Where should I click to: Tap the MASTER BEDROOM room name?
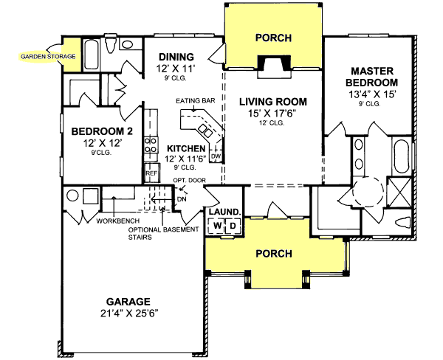(x=374, y=77)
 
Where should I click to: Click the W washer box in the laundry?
(x=218, y=226)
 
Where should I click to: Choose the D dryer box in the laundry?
(x=232, y=226)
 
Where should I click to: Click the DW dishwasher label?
(x=216, y=156)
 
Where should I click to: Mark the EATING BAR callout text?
(x=193, y=100)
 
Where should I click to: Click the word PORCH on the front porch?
(x=273, y=253)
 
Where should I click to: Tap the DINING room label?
(x=175, y=57)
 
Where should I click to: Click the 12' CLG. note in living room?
(x=273, y=124)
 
